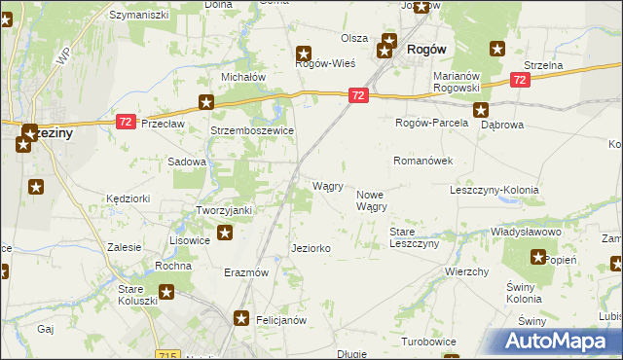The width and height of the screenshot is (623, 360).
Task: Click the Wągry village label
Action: click(327, 186)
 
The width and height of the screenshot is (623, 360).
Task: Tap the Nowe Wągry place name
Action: click(372, 200)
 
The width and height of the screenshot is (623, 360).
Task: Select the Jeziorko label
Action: click(311, 249)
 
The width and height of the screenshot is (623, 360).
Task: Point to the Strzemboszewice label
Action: click(252, 130)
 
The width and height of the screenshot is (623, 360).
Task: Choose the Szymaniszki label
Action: click(138, 16)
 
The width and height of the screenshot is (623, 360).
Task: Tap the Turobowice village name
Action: click(429, 342)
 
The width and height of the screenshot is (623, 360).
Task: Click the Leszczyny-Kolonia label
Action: click(494, 190)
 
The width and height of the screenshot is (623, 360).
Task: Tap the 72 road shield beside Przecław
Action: click(125, 121)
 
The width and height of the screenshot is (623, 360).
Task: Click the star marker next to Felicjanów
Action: click(242, 318)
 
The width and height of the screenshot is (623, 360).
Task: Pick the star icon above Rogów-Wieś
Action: click(304, 54)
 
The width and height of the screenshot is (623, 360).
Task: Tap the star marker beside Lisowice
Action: click(225, 233)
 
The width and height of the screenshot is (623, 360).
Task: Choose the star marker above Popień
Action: click(538, 256)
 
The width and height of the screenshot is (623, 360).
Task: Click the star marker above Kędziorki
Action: click(36, 187)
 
